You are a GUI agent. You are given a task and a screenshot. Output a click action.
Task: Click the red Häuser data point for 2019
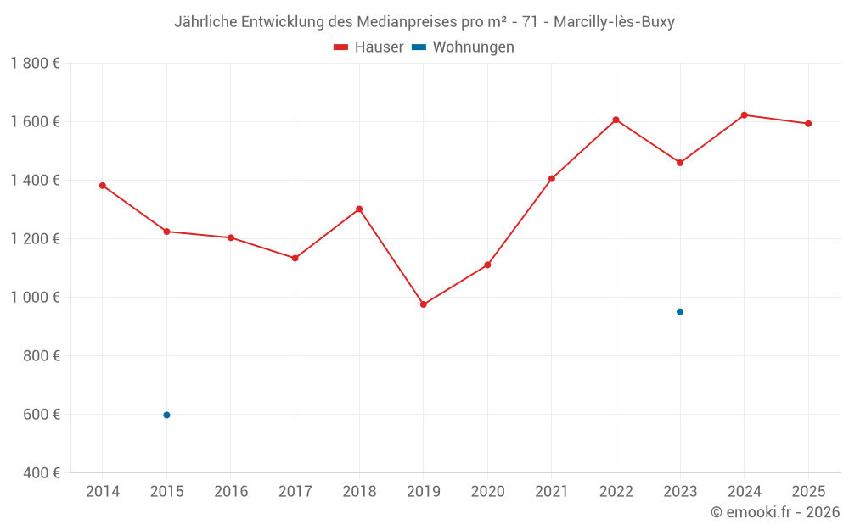tap(424, 304)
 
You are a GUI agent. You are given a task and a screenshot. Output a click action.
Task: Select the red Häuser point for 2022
tap(616, 120)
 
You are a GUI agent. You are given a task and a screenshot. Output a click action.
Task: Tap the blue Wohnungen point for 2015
tap(166, 415)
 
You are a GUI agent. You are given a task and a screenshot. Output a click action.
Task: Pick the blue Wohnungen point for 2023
tap(680, 312)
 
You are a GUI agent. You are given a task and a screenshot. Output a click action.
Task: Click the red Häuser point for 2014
tap(103, 186)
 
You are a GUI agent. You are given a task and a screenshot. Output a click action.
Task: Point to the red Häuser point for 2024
tap(745, 114)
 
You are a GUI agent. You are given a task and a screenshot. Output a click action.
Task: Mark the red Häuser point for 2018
tap(359, 209)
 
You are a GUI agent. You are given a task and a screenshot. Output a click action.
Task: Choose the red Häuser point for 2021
tap(552, 179)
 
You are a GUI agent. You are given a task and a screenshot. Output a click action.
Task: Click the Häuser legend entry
tap(368, 47)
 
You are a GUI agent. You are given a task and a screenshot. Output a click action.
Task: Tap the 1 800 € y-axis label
tap(35, 64)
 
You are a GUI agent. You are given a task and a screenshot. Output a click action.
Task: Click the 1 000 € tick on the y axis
tap(35, 298)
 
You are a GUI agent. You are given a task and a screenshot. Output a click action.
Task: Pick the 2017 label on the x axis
tap(295, 492)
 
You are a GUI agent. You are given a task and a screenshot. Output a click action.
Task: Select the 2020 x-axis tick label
tap(487, 492)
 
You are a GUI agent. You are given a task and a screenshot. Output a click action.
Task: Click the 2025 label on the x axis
tap(808, 492)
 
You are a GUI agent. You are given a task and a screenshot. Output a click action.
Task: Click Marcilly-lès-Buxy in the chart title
tap(614, 22)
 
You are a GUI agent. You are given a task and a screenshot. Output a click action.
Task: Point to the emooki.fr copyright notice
tap(775, 512)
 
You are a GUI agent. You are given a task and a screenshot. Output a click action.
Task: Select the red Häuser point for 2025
tap(808, 124)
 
